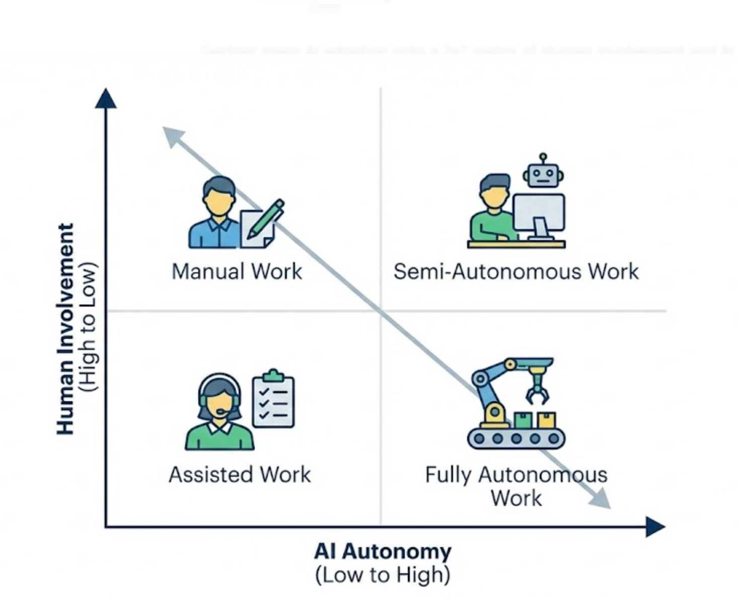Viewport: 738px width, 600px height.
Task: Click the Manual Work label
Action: pos(237,272)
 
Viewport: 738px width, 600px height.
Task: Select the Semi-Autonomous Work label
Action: pos(516,272)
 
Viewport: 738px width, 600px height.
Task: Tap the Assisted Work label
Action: pos(240,475)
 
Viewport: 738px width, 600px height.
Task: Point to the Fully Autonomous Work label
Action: pos(516,486)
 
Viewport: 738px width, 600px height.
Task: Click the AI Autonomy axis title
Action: pos(383,552)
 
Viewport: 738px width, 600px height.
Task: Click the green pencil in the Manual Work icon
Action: pos(266,218)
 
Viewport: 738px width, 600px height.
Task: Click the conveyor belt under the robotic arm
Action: pos(516,438)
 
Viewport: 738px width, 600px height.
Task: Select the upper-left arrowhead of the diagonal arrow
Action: pos(172,135)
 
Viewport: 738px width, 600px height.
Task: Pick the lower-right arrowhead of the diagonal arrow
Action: pos(601,499)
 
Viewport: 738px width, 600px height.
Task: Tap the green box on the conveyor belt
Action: pos(523,420)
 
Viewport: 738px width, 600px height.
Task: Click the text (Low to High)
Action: pos(383,575)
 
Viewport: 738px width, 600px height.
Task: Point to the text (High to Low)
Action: pos(90,327)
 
